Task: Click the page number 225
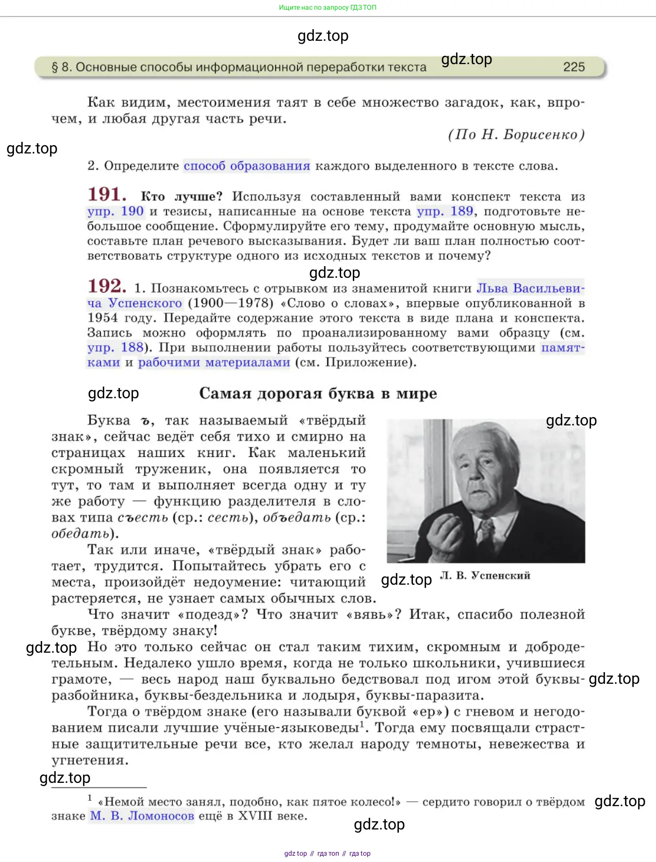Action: (x=574, y=67)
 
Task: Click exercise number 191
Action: (x=107, y=195)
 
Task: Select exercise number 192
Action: (x=107, y=286)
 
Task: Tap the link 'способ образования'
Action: (x=246, y=166)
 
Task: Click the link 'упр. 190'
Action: (x=115, y=211)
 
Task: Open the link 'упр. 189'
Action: (x=445, y=211)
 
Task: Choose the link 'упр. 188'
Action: (x=115, y=348)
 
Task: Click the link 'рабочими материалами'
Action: (x=214, y=363)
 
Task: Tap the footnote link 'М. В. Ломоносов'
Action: (x=142, y=816)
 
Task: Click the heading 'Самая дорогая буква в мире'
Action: (x=318, y=393)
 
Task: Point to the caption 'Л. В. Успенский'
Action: (x=485, y=575)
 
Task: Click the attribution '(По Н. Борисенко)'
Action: (x=516, y=135)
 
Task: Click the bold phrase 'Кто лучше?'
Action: (x=181, y=197)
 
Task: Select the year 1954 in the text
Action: (x=102, y=318)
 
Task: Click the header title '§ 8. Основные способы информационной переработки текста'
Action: (x=239, y=67)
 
